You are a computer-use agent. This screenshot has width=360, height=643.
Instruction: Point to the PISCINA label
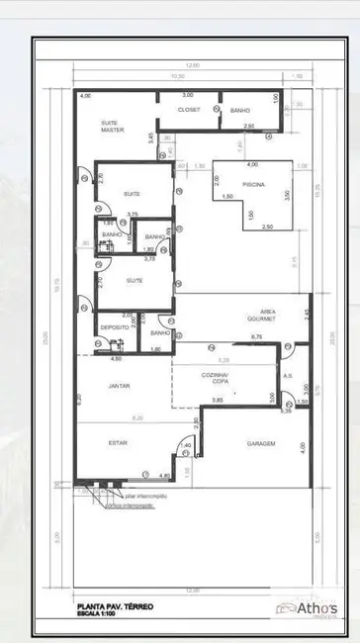pos(252,183)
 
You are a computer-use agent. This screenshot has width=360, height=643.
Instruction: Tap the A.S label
pos(287,376)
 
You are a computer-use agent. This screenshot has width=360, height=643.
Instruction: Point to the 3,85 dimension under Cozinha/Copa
pos(217,400)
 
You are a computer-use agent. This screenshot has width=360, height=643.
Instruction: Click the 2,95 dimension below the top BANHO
pos(250,127)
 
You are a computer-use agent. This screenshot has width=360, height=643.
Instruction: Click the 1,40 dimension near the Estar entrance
pos(186,446)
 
